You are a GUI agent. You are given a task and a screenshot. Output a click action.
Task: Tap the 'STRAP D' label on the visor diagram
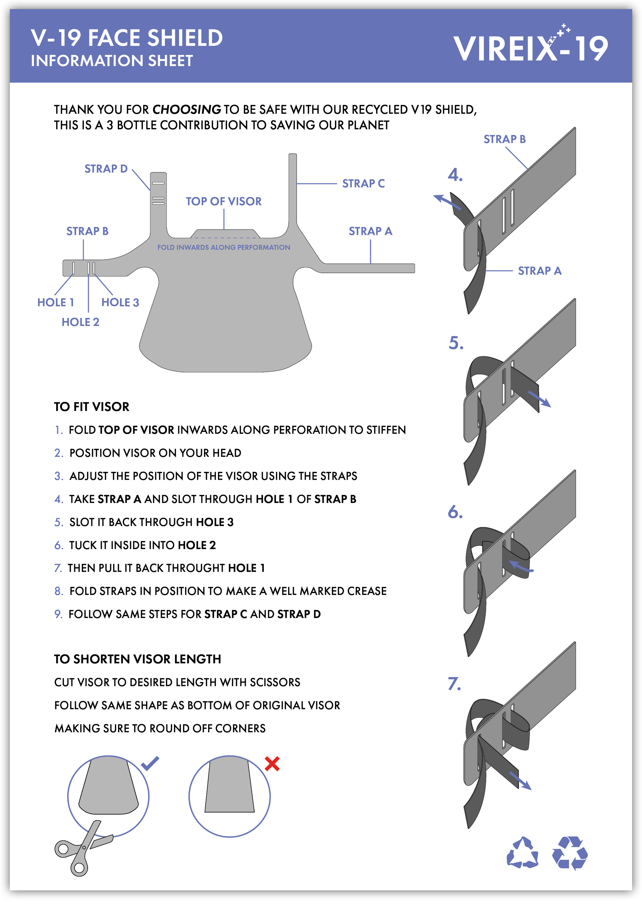[106, 169]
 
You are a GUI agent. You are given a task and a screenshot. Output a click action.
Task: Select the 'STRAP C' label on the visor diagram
[363, 183]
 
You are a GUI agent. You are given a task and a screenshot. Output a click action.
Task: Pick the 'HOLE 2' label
[80, 322]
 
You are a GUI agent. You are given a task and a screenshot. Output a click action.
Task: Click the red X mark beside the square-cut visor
[272, 764]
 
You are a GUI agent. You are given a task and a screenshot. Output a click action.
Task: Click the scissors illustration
[83, 848]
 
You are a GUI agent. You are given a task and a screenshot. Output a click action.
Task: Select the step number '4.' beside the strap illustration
[455, 175]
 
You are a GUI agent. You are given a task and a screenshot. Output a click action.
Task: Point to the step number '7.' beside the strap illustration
[454, 684]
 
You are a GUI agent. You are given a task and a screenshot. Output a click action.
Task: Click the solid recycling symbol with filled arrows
[570, 853]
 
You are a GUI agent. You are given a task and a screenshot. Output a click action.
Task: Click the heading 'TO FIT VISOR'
[92, 406]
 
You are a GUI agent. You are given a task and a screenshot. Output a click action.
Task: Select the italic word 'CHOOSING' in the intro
[187, 109]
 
